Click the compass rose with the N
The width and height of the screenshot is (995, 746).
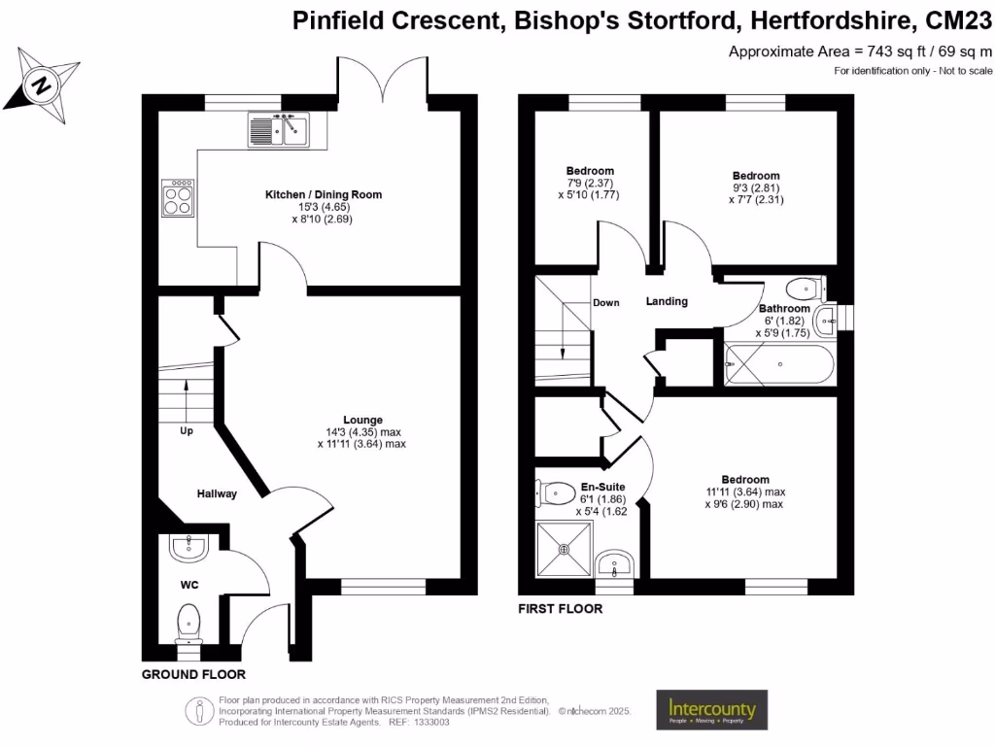(43, 84)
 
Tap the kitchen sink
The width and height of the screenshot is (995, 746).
(278, 129)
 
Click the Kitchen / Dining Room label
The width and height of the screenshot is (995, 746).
(324, 194)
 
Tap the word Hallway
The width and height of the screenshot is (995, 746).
(217, 493)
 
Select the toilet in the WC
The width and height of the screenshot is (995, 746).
(189, 622)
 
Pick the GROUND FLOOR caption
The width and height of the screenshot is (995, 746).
(193, 674)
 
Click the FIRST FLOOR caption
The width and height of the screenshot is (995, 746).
(561, 609)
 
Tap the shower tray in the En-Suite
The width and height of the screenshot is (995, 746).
(564, 549)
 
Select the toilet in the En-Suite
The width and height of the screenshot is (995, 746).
(554, 492)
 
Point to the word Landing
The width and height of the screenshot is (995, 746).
(667, 301)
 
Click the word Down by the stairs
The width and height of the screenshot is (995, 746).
(606, 303)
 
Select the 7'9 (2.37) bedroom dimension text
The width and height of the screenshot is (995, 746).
(590, 183)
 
